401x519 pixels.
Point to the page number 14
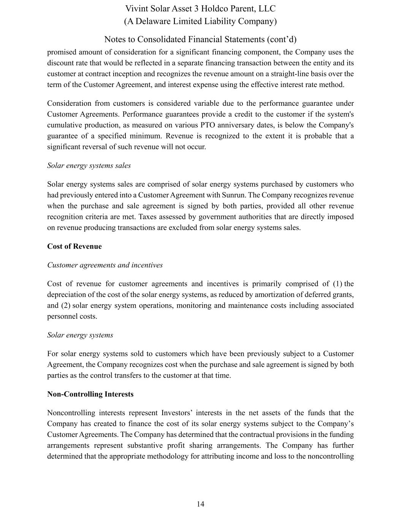(x=201, y=504)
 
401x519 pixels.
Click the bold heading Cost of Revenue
(x=74, y=246)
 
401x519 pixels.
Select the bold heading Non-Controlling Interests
(x=90, y=394)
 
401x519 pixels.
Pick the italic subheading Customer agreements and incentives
(x=105, y=265)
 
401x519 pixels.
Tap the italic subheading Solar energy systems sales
(x=89, y=165)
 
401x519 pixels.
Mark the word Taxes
(x=148, y=217)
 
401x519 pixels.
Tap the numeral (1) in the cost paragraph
(x=338, y=284)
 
